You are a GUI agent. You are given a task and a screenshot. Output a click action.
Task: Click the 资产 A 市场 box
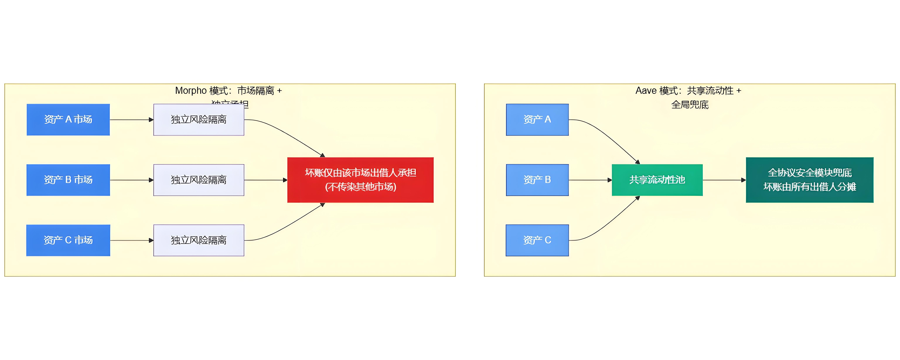(x=68, y=119)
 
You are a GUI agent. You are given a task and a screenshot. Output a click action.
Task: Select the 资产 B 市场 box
(x=68, y=180)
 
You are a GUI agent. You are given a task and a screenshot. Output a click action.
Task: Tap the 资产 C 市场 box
(x=68, y=241)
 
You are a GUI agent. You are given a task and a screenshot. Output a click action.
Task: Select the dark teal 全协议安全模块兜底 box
(x=809, y=180)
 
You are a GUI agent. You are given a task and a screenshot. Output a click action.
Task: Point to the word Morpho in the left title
(x=191, y=91)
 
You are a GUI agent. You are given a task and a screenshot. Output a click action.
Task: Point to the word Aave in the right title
(x=646, y=91)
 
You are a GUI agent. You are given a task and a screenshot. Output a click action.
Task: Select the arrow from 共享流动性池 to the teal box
(x=724, y=180)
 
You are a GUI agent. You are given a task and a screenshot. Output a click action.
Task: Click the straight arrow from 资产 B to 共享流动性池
(x=590, y=180)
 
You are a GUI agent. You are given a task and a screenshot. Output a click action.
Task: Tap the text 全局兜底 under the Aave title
(x=690, y=105)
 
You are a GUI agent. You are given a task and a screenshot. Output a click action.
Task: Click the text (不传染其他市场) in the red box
(x=360, y=187)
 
